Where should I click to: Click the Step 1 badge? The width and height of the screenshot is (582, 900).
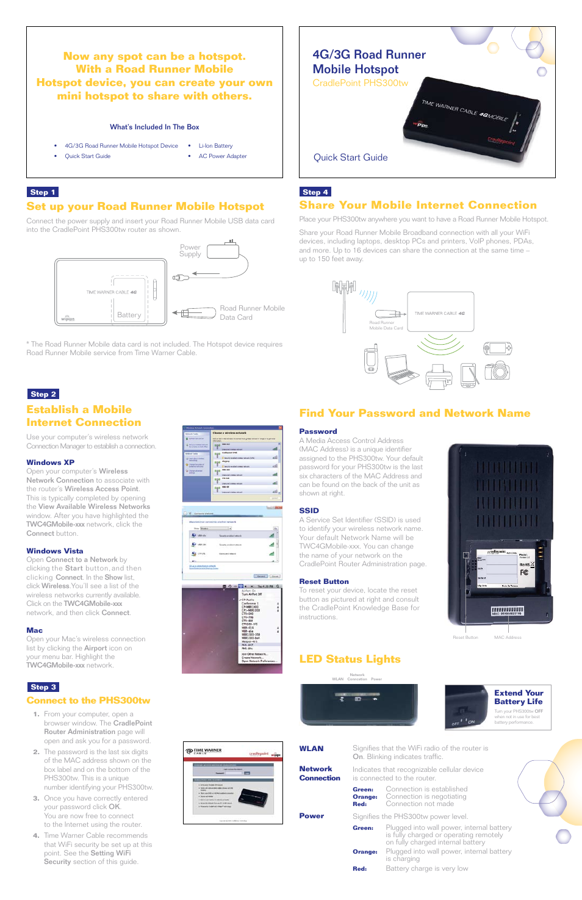point(42,192)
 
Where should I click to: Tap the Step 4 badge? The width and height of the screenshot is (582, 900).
point(315,192)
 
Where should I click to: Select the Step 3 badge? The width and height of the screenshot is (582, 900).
point(43,687)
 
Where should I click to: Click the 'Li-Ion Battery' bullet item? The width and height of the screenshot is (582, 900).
point(215,146)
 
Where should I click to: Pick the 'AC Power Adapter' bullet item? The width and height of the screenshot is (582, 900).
point(223,156)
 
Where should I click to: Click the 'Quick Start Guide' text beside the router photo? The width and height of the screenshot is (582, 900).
point(350,157)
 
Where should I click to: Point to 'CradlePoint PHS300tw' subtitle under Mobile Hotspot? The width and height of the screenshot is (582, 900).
point(360,83)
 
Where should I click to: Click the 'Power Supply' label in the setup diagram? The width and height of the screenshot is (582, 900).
point(190,251)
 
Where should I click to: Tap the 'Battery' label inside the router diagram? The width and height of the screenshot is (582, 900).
point(129,315)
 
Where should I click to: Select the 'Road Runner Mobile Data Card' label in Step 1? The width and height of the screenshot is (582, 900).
point(252,312)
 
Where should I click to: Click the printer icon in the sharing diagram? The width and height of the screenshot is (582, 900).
point(438,376)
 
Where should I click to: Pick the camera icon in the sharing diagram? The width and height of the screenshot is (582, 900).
point(497,370)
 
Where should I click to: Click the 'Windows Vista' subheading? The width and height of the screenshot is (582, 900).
point(54,551)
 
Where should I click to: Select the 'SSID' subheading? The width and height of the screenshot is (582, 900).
point(309,511)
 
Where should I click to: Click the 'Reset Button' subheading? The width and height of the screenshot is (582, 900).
point(323,581)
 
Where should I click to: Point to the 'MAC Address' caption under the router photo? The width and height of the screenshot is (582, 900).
point(508,637)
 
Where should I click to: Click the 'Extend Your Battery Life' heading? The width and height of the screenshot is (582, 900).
point(518,697)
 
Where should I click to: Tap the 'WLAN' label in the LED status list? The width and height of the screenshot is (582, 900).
point(311,749)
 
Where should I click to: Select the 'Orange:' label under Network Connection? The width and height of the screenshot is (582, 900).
point(365,796)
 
